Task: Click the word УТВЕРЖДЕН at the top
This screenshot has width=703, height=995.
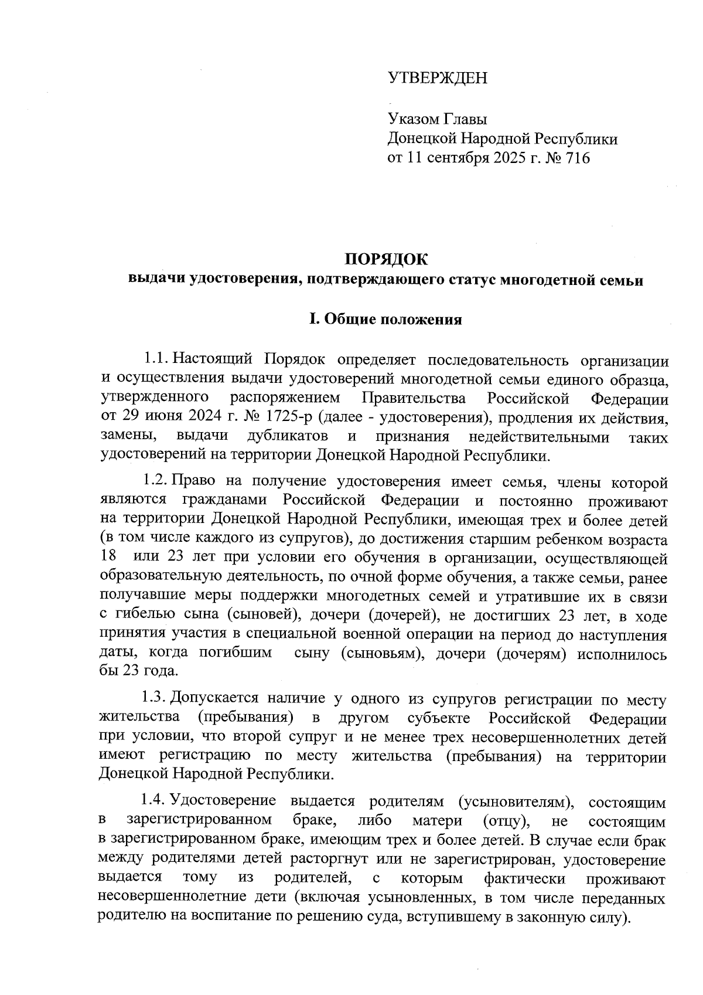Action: [x=437, y=78]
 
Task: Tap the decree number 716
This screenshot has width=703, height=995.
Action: [x=577, y=158]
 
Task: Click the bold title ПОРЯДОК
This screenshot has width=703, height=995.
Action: [x=385, y=259]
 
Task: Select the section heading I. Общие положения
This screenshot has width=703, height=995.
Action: [x=385, y=320]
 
